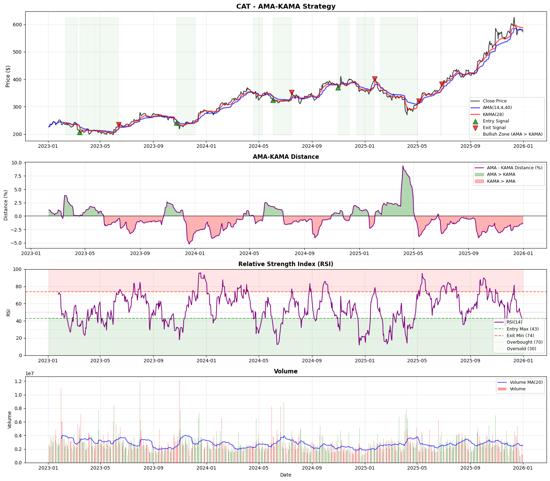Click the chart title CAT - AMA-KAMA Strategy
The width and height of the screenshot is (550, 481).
(x=286, y=6)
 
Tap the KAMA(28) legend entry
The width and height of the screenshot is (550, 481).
(x=493, y=115)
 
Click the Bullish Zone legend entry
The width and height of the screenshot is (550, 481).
(x=512, y=134)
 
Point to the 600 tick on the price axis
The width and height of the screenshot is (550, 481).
(x=18, y=25)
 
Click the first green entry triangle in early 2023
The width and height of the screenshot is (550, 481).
(x=80, y=132)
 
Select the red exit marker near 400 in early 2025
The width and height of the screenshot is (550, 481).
(x=375, y=79)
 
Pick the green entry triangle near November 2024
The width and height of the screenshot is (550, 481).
(x=338, y=88)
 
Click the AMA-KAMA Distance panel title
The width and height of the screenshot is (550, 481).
(x=286, y=157)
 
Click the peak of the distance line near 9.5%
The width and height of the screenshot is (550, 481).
(x=403, y=166)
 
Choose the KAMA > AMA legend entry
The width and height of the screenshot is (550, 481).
(x=501, y=181)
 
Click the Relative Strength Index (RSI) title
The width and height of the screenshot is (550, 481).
(x=286, y=264)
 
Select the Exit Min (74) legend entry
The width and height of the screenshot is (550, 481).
(x=520, y=336)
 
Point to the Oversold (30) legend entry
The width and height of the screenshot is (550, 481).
(x=521, y=349)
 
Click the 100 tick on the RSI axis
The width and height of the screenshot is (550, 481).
(x=18, y=270)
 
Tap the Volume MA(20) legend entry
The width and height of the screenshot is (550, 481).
(x=526, y=382)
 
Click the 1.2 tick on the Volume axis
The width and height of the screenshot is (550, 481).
(x=18, y=381)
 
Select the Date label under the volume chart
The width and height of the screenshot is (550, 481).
(x=286, y=475)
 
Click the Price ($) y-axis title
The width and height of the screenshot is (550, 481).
(x=8, y=76)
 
